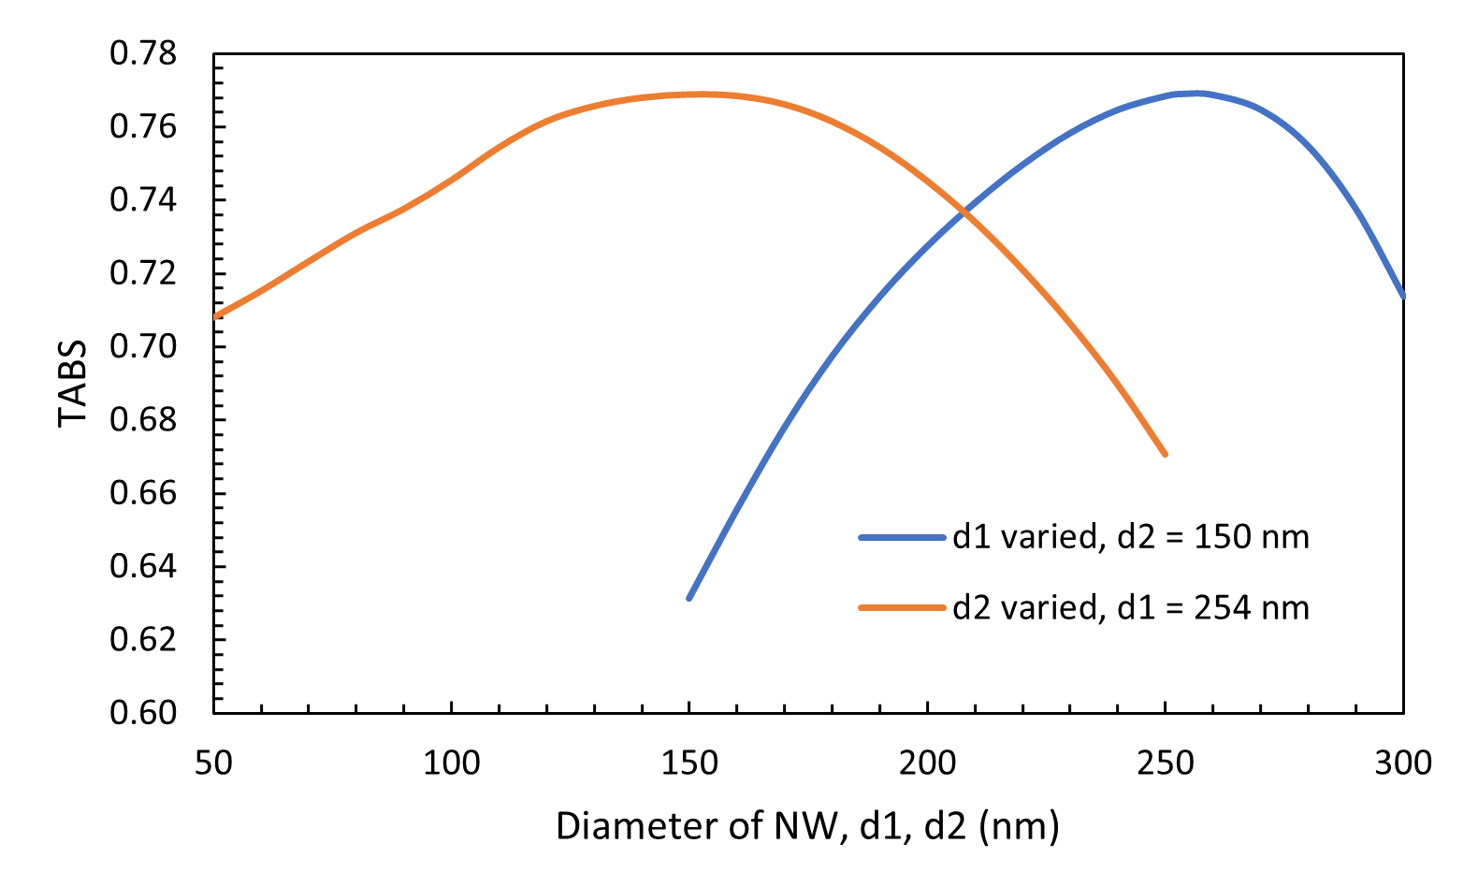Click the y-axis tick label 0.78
[x=143, y=54]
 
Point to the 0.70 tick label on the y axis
[x=143, y=346]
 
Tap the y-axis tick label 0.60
[x=143, y=712]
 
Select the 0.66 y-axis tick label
[x=143, y=493]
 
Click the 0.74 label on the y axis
[x=143, y=200]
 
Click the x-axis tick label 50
[x=213, y=763]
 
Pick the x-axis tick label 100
[x=452, y=763]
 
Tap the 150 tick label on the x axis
[x=689, y=763]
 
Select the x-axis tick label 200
[x=928, y=763]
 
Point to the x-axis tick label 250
[x=1166, y=763]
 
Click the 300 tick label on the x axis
[x=1403, y=763]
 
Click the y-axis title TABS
[x=73, y=383]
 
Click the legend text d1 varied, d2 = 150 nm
[x=1130, y=537]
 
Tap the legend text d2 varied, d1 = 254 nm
[x=1130, y=608]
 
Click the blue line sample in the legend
[x=902, y=537]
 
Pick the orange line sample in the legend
[x=902, y=608]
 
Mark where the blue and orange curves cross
[x=964, y=214]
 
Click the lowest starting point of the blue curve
[x=689, y=598]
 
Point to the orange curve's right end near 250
[x=1165, y=454]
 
